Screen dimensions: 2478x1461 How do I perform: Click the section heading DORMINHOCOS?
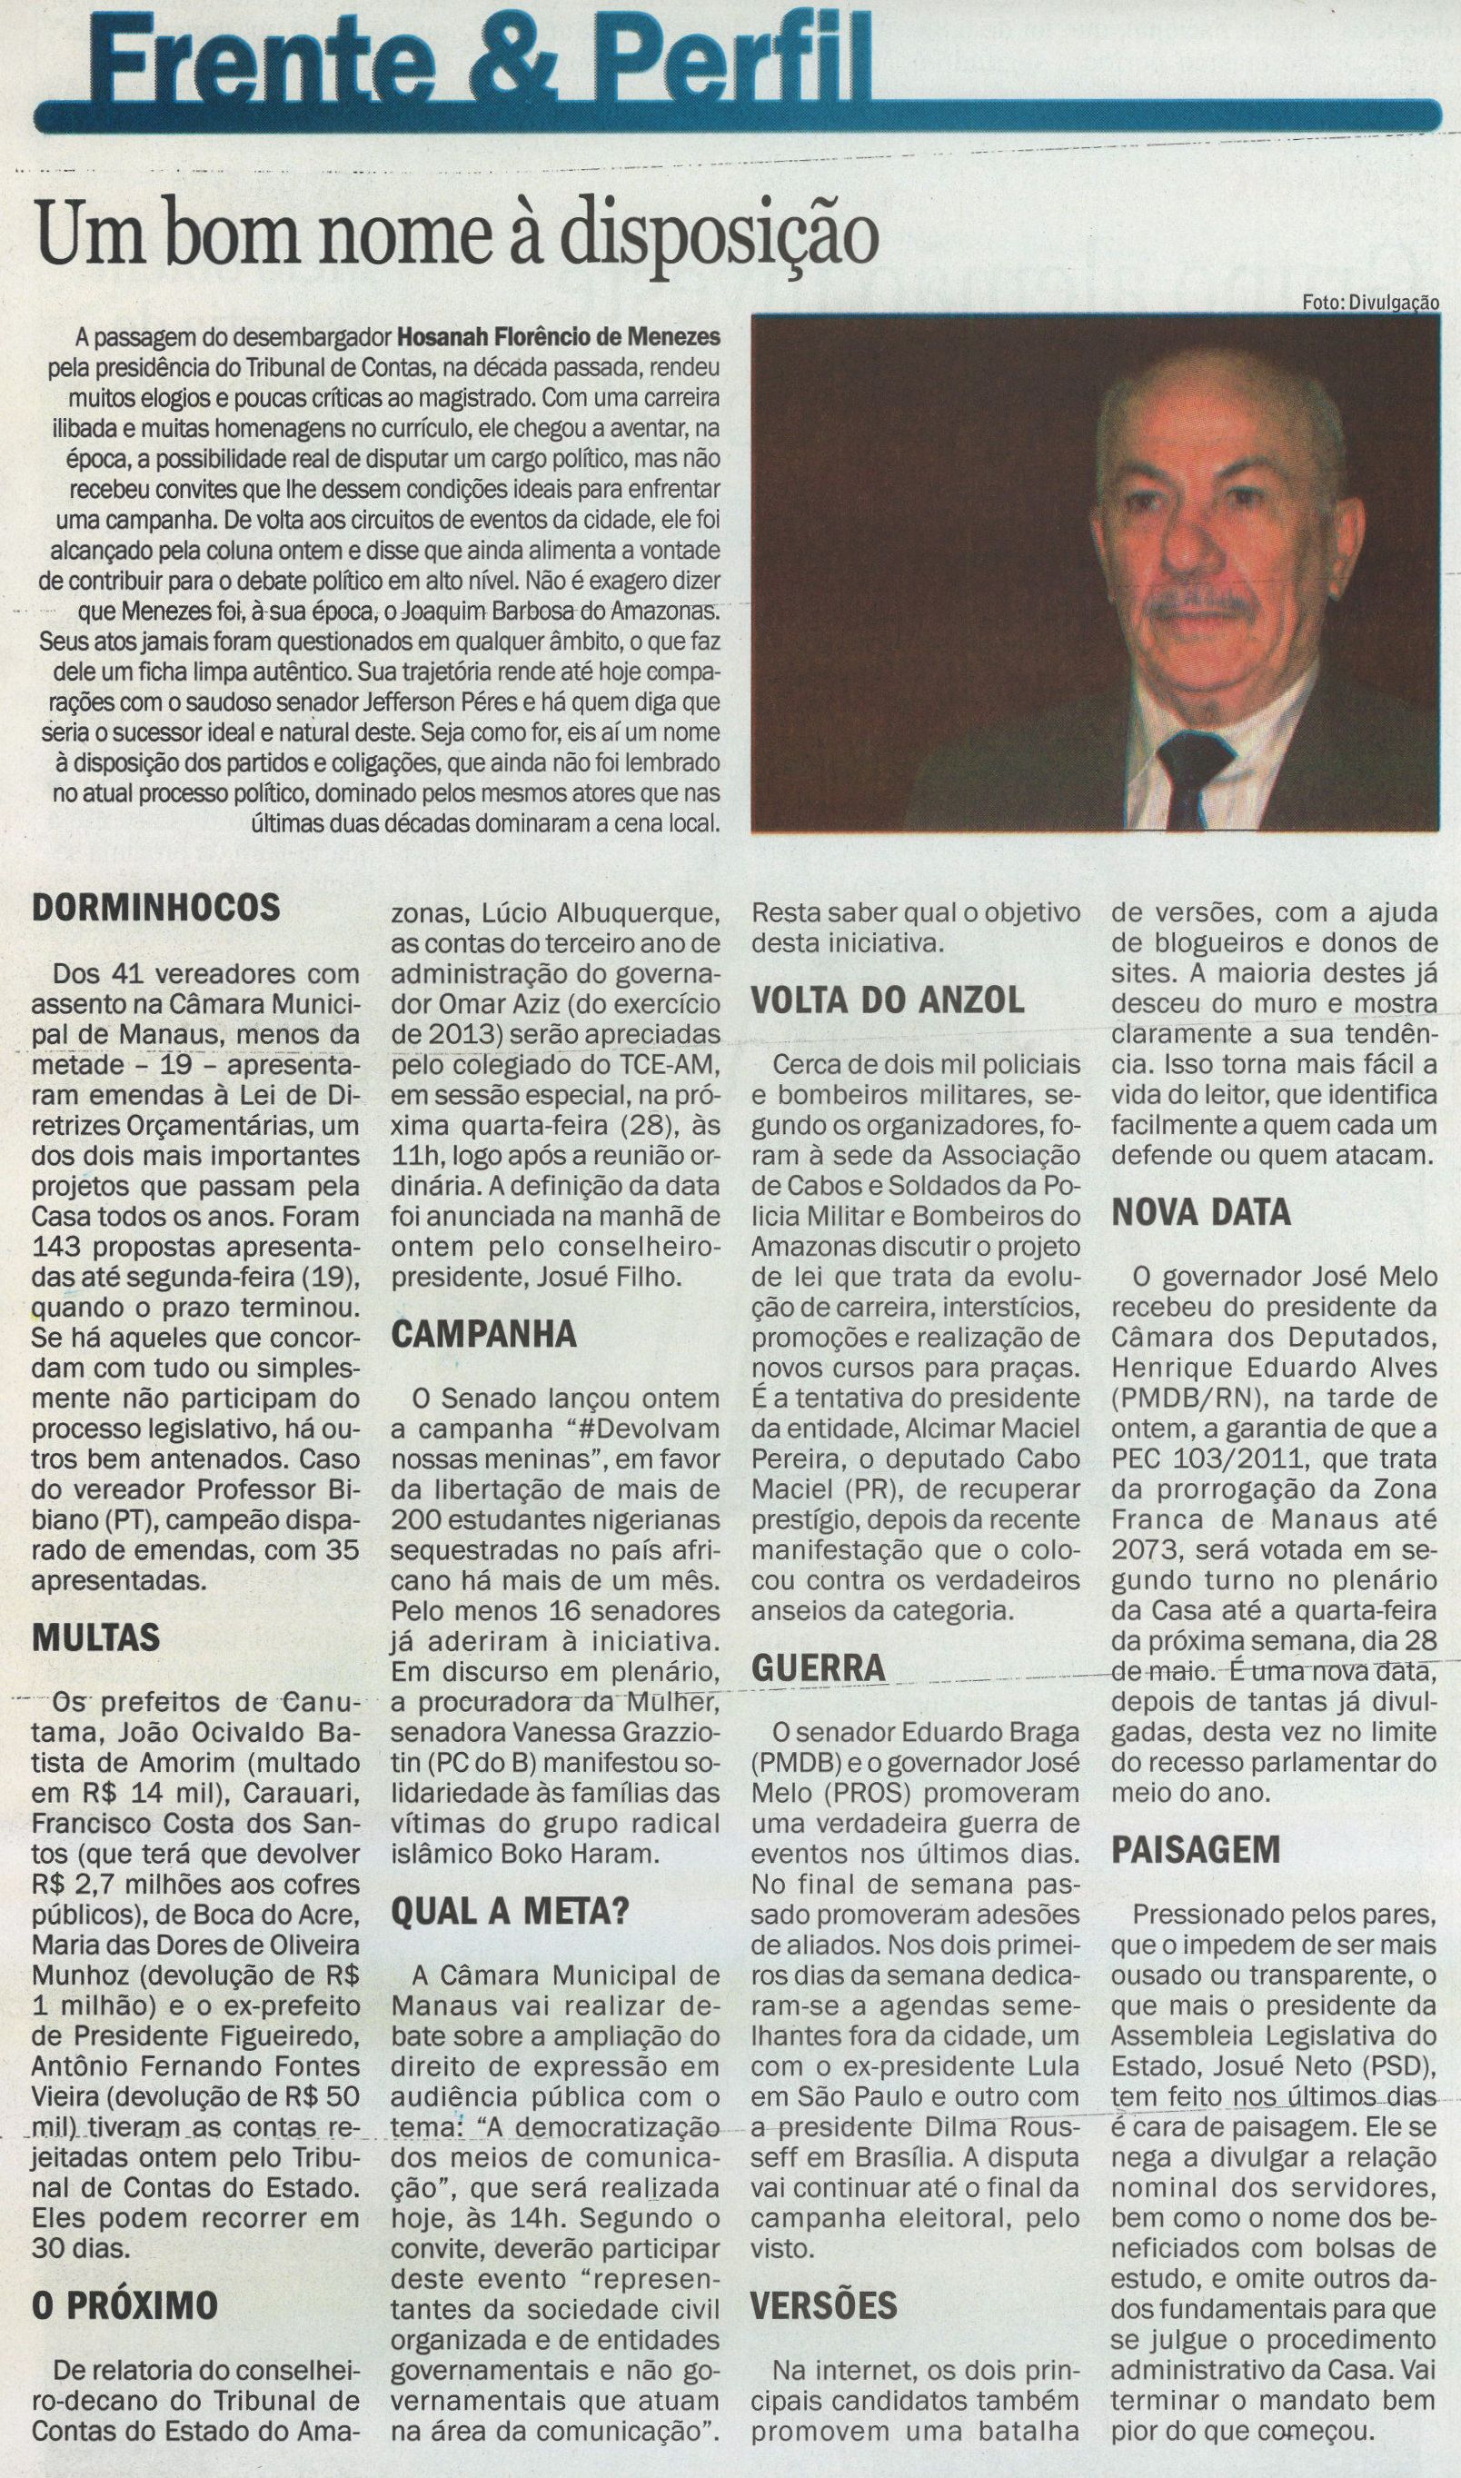click(156, 908)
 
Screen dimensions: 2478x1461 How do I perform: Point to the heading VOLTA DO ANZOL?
click(888, 1001)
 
